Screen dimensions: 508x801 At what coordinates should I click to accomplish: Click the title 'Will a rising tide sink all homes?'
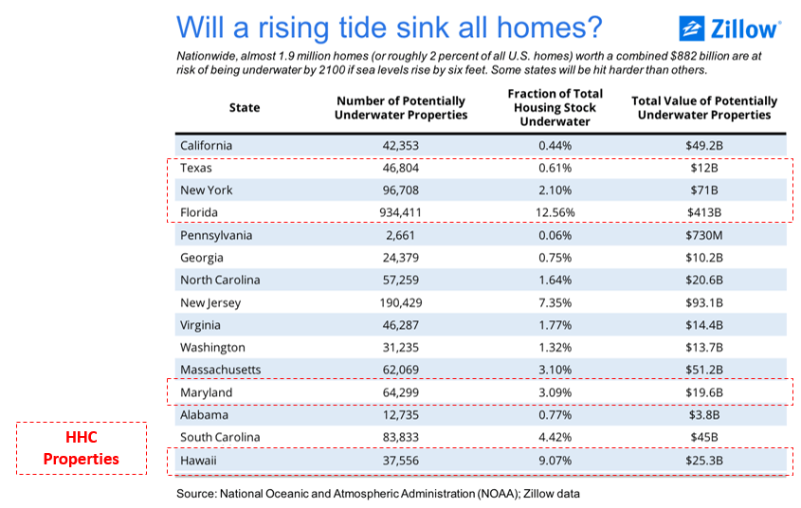388,26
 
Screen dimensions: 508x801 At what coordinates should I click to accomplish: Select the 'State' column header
244,107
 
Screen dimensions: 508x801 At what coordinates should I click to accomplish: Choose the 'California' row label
206,145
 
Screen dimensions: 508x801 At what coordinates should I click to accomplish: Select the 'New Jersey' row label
210,303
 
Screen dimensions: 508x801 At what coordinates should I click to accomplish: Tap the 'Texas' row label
195,168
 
